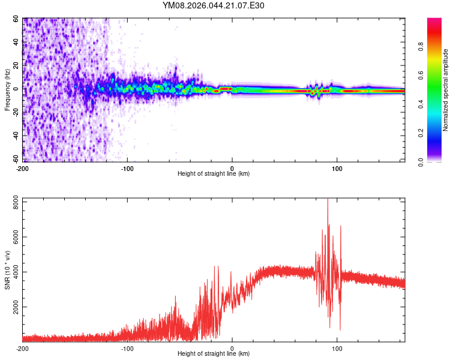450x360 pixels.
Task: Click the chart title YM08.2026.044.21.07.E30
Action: click(x=214, y=5)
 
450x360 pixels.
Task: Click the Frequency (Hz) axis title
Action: click(x=7, y=90)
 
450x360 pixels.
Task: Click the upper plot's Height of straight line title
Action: click(x=214, y=173)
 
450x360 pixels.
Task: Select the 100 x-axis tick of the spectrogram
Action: click(x=337, y=167)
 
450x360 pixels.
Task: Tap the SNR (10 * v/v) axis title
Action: click(x=7, y=270)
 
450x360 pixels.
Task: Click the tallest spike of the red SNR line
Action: click(x=328, y=199)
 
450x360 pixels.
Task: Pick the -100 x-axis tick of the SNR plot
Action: click(x=127, y=348)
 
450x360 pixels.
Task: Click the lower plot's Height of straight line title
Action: click(x=214, y=354)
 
